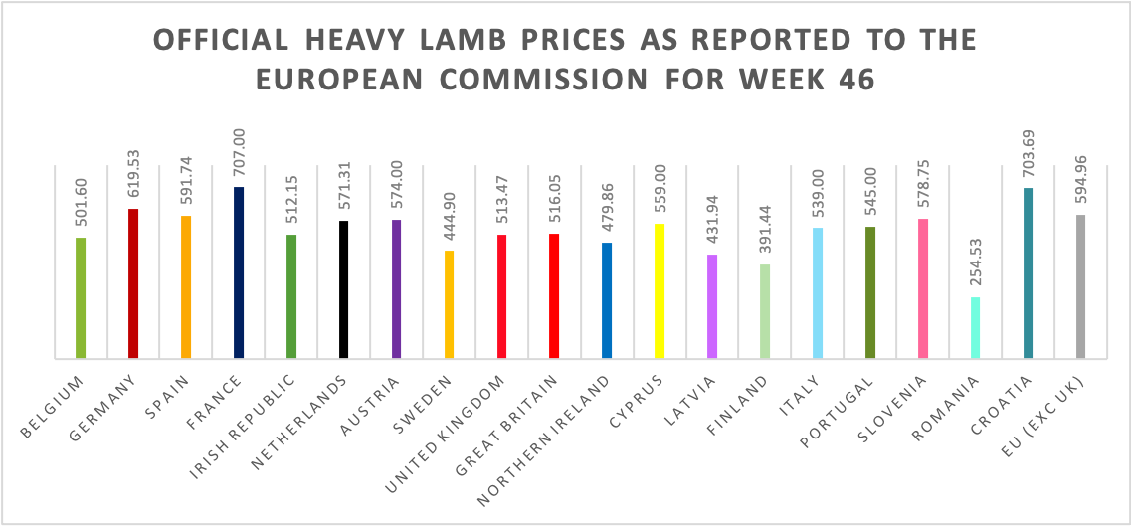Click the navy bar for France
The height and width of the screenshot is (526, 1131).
pyautogui.click(x=239, y=271)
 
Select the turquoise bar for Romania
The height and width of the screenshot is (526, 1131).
pyautogui.click(x=976, y=327)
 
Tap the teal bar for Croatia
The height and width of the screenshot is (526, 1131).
pyautogui.click(x=1029, y=272)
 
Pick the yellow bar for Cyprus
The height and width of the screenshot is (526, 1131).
pyautogui.click(x=660, y=290)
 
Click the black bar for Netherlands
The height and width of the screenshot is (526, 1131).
pyautogui.click(x=344, y=288)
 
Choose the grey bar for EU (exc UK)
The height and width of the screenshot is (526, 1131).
pyautogui.click(x=1081, y=285)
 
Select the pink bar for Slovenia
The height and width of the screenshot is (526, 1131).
pyautogui.click(x=923, y=287)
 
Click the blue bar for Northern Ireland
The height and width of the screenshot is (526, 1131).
pyautogui.click(x=607, y=299)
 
